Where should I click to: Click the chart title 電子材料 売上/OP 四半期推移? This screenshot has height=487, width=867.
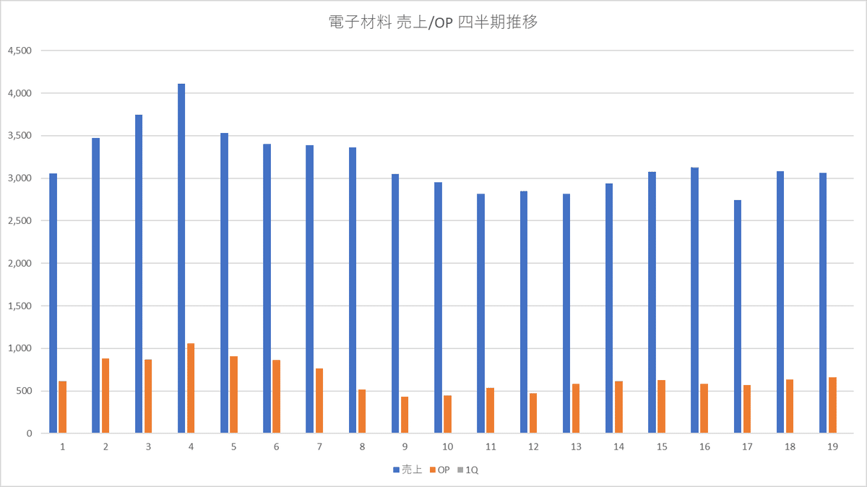coord(433,22)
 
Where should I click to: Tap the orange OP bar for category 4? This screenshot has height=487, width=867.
coord(191,389)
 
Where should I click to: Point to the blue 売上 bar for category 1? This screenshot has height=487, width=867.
coord(53,303)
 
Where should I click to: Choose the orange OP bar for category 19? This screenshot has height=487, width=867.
coord(832,405)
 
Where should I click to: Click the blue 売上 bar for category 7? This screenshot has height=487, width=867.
coord(310,289)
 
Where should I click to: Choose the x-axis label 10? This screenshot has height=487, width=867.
coord(448,447)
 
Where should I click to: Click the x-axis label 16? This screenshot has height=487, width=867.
coord(704,447)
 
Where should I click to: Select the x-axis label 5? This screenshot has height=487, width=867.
coord(233,447)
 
